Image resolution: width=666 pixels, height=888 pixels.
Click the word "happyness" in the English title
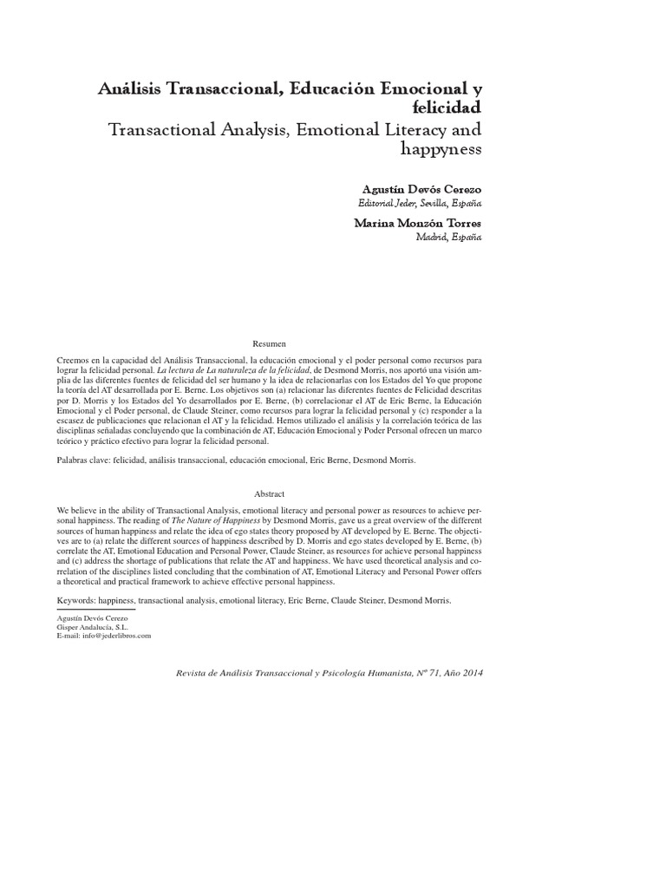click(x=438, y=150)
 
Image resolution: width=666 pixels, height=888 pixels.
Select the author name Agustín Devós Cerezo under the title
click(x=420, y=188)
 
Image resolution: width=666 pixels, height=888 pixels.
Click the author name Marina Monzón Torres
click(x=418, y=223)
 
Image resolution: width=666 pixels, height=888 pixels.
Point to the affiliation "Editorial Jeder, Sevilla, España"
click(x=420, y=203)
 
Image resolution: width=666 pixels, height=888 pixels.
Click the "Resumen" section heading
click(x=268, y=344)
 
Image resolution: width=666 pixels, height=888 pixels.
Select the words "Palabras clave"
click(x=77, y=460)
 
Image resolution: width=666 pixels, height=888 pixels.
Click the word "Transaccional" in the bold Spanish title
click(x=212, y=88)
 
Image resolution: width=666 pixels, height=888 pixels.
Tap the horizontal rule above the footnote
click(x=95, y=610)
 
